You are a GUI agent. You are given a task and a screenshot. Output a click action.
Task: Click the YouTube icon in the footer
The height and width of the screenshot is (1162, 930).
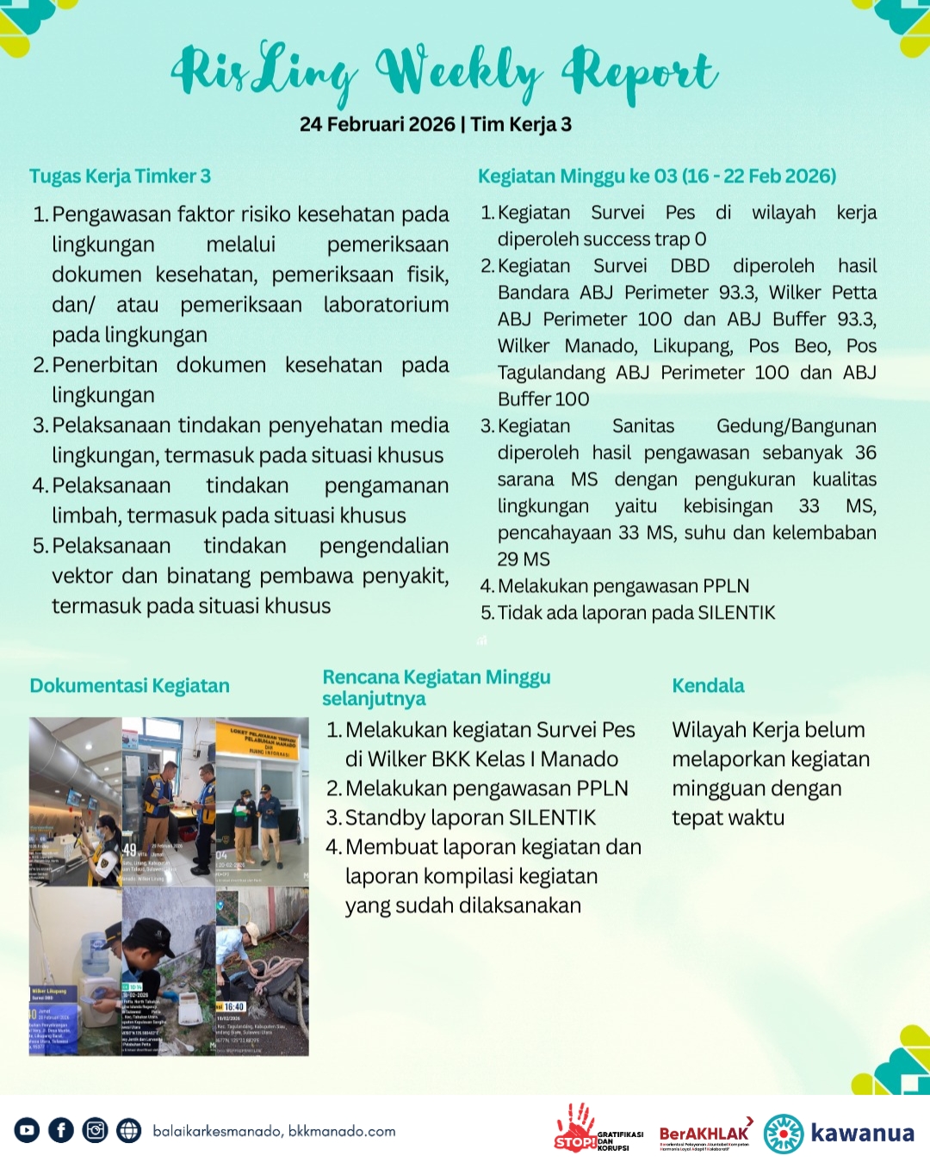point(27,1130)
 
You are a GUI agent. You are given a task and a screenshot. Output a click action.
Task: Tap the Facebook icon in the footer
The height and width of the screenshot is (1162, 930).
point(61,1130)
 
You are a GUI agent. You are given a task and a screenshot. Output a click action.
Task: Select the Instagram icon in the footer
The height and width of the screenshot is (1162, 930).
point(95,1130)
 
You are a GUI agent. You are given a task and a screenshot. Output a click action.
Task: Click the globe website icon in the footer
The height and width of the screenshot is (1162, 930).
point(129,1130)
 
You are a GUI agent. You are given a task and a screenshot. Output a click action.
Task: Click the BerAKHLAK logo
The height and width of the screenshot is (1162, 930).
point(704,1134)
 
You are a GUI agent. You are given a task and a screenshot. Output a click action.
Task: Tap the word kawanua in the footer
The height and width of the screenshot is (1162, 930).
point(862,1132)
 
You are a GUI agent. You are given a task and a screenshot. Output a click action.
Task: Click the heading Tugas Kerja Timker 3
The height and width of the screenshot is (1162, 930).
point(120,176)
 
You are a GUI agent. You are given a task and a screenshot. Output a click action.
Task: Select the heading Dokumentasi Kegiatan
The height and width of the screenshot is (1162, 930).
point(129,686)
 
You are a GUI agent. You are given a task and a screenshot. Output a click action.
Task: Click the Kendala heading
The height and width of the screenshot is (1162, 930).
point(708,686)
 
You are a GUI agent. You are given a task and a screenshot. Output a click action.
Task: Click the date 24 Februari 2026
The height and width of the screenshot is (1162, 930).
point(377,125)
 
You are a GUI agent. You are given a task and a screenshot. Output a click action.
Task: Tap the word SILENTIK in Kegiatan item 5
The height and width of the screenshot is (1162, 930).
point(736,613)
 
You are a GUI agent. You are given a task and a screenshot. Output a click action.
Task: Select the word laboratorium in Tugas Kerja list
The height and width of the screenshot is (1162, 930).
point(386,305)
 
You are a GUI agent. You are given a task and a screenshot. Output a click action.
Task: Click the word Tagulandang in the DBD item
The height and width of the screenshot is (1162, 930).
point(551,373)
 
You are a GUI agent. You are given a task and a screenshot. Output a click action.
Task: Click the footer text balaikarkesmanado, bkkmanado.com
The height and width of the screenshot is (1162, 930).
point(274,1131)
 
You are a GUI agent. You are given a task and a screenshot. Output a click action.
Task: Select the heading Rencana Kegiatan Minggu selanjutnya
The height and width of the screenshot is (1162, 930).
point(436,688)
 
